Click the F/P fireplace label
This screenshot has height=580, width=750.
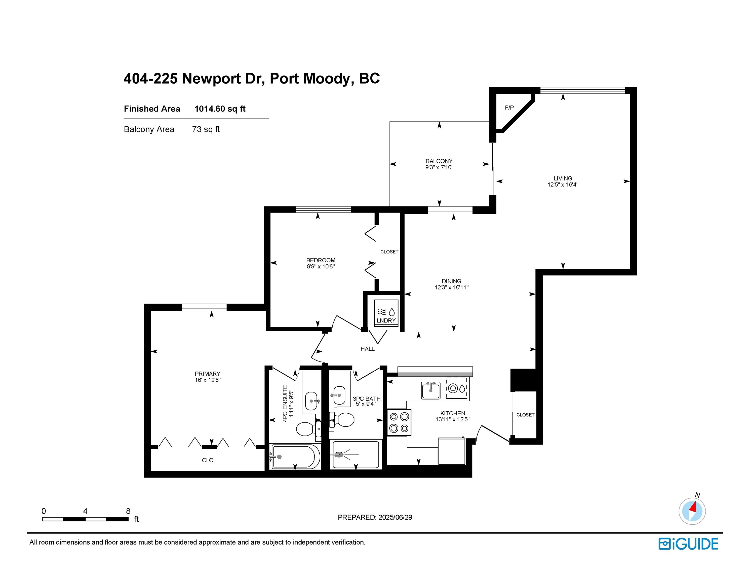click(x=509, y=107)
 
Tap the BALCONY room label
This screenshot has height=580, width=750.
click(x=439, y=161)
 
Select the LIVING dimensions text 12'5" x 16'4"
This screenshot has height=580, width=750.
click(x=563, y=185)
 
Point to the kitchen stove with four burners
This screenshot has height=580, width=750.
click(x=399, y=422)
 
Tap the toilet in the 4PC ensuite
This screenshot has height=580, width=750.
click(x=305, y=428)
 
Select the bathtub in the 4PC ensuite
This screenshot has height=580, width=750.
click(x=295, y=457)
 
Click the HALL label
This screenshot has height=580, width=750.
click(x=367, y=349)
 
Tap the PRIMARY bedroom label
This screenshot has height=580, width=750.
click(x=207, y=374)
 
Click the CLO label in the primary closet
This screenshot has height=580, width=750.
click(x=207, y=460)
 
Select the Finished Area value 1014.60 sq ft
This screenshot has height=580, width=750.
click(x=220, y=109)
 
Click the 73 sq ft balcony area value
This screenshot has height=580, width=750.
click(x=206, y=130)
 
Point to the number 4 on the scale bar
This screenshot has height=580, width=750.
click(x=85, y=511)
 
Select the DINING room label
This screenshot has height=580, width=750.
click(x=451, y=281)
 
